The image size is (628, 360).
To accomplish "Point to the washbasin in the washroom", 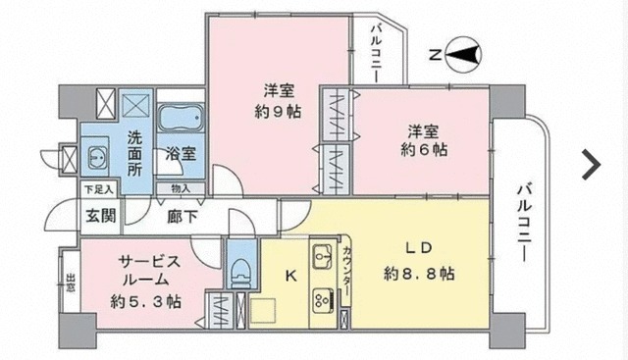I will coord(98,157).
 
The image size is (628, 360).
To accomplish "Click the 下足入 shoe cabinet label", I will coord(97,187).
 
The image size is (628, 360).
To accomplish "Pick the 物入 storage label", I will coord(181,187).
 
